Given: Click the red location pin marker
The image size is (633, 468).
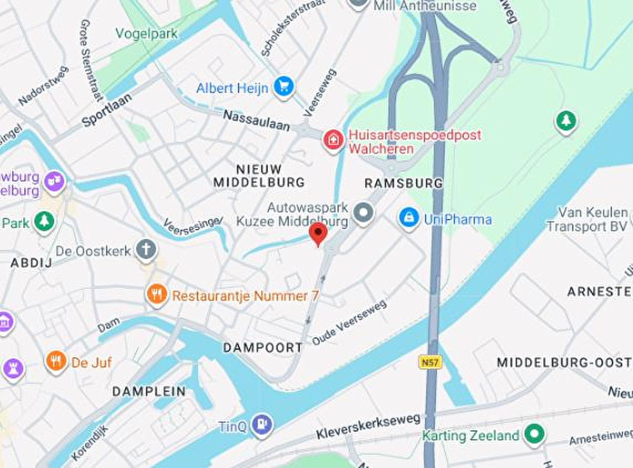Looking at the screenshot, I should coord(318,233).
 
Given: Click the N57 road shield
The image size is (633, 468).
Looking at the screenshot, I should coord(430,362).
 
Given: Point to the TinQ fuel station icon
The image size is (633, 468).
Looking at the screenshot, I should coord(262,424).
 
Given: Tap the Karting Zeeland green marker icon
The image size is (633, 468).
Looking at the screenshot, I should coord(534,434).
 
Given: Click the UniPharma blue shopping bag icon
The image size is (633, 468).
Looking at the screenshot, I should coord(409,218).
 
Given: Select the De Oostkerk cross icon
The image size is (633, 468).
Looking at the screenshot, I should coord(146,250).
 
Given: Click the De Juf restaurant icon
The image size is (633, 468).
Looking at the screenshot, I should coord(56,362).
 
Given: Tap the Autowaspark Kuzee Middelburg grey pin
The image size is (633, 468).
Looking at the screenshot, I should coord(363,213).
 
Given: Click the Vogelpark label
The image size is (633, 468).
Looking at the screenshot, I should coord(146,34).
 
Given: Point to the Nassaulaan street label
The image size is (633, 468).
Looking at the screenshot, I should coord(256,121).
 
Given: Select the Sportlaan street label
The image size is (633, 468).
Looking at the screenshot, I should coord(107,110).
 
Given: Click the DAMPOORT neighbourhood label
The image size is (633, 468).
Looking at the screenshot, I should coord(263,347).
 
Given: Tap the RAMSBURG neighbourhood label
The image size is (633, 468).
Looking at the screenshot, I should coord(404,183).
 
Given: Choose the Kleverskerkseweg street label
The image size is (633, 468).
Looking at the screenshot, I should coord(368,426).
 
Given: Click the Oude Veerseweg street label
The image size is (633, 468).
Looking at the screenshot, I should coord(349,322).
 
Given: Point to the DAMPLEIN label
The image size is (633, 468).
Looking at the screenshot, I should coord(149,391).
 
